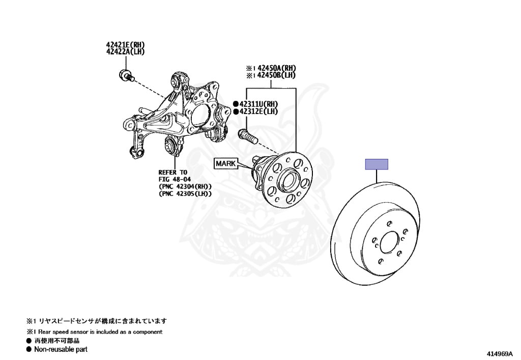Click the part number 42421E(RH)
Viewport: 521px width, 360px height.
[x=126, y=45]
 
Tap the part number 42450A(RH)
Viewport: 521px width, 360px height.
[x=276, y=68]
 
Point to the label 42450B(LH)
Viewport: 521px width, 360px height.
[x=276, y=75]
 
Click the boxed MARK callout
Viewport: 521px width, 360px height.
[x=226, y=163]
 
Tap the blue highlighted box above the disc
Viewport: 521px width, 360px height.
[x=377, y=164]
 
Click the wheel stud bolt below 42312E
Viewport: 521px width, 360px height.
[x=247, y=135]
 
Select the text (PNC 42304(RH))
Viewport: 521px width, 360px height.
[x=185, y=186]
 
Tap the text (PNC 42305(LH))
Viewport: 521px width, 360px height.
[x=185, y=193]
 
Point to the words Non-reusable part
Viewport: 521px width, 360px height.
[x=61, y=349]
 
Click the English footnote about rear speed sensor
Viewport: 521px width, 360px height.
[x=98, y=331]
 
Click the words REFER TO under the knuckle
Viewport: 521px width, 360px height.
[x=173, y=172]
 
